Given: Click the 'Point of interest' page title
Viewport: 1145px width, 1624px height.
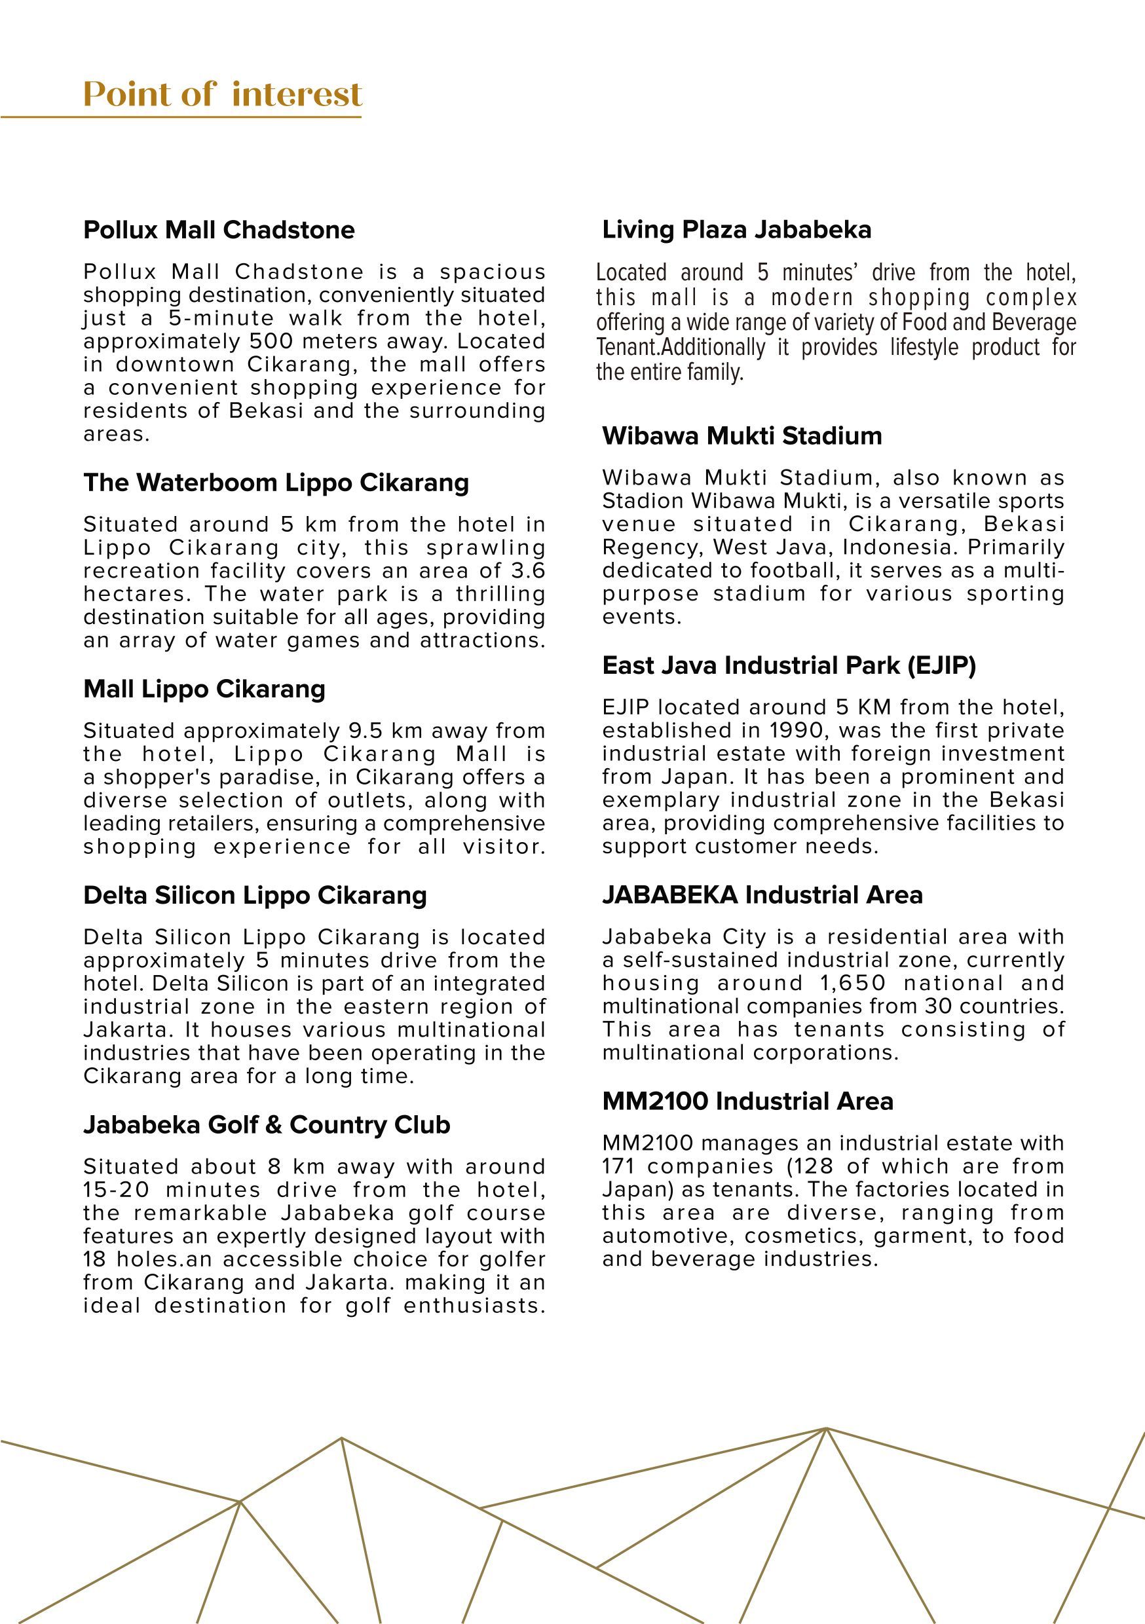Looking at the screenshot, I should pyautogui.click(x=223, y=95).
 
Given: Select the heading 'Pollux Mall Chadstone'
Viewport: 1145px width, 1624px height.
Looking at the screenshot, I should pyautogui.click(x=219, y=230).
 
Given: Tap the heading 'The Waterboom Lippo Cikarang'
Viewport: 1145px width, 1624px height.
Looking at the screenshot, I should pyautogui.click(x=276, y=483).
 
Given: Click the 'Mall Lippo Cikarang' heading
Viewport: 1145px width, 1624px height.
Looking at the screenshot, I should pyautogui.click(x=204, y=689).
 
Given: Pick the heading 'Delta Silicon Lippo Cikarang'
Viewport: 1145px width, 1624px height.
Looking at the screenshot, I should pyautogui.click(x=255, y=895).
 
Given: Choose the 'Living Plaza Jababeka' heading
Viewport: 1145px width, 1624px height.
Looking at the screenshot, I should pyautogui.click(x=737, y=230).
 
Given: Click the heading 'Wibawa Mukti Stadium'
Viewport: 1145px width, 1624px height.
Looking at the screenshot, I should pyautogui.click(x=741, y=435).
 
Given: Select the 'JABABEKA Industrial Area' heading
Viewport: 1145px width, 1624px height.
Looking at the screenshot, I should pyautogui.click(x=762, y=895).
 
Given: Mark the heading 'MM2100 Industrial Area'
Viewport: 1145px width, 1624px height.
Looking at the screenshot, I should pyautogui.click(x=747, y=1101).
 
